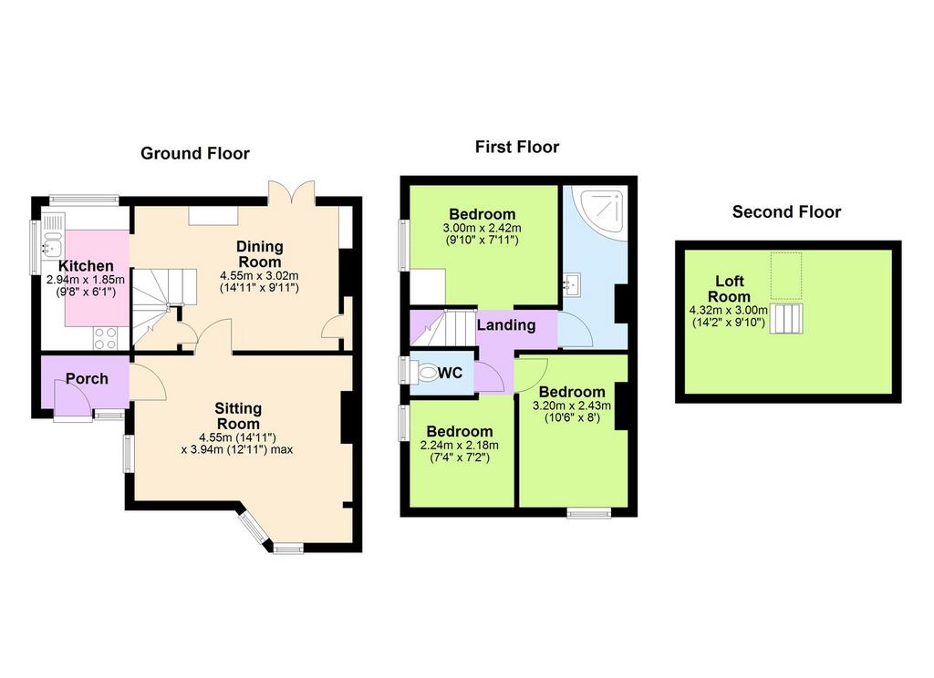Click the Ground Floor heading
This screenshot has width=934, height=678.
pyautogui.click(x=195, y=154)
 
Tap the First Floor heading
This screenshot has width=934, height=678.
pyautogui.click(x=517, y=147)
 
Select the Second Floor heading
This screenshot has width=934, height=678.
pyautogui.click(x=786, y=212)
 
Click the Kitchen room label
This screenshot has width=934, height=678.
pyautogui.click(x=86, y=266)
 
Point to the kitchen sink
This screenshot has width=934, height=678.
pyautogui.click(x=52, y=241)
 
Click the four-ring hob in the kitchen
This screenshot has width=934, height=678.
pyautogui.click(x=106, y=338)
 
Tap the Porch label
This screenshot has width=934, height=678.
pyautogui.click(x=87, y=378)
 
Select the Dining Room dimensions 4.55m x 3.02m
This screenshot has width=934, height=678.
pyautogui.click(x=259, y=275)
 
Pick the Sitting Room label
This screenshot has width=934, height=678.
pyautogui.click(x=238, y=416)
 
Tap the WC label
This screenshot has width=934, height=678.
pyautogui.click(x=451, y=374)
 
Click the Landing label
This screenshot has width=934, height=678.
pyautogui.click(x=505, y=325)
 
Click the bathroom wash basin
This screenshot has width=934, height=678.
pyautogui.click(x=573, y=284)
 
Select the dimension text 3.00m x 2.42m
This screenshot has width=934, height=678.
pyautogui.click(x=482, y=228)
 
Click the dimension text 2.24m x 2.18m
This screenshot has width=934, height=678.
pyautogui.click(x=460, y=446)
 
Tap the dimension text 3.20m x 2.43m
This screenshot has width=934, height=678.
pyautogui.click(x=572, y=406)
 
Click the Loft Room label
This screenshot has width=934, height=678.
pyautogui.click(x=729, y=289)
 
